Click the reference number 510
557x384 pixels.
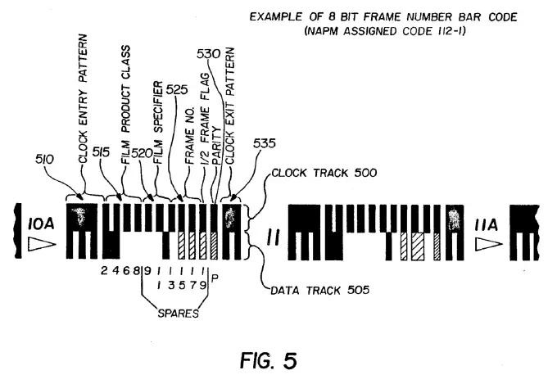pyautogui.click(x=45, y=159)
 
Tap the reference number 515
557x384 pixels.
pyautogui.click(x=102, y=152)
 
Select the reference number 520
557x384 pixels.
pyautogui.click(x=142, y=153)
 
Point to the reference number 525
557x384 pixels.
pyautogui.click(x=177, y=89)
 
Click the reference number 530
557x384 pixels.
pyautogui.click(x=209, y=54)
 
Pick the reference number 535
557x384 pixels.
pyautogui.click(x=265, y=143)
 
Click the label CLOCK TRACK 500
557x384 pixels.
pyautogui.click(x=324, y=173)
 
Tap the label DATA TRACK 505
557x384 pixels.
pyautogui.click(x=320, y=290)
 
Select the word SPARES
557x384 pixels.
pyautogui.click(x=178, y=314)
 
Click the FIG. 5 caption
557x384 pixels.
pyautogui.click(x=268, y=360)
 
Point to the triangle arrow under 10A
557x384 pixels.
pyautogui.click(x=42, y=245)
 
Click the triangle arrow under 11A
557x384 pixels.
pyautogui.click(x=489, y=244)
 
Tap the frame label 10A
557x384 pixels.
pyautogui.click(x=41, y=224)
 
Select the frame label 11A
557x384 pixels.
pyautogui.click(x=487, y=225)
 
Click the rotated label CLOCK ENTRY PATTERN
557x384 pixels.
pyautogui.click(x=83, y=99)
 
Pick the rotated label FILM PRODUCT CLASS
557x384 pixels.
pyautogui.click(x=125, y=105)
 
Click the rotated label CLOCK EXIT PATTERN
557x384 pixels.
pyautogui.click(x=230, y=106)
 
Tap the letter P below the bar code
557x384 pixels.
pyautogui.click(x=215, y=278)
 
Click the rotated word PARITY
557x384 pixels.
pyautogui.click(x=216, y=147)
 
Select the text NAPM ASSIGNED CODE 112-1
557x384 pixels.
pyautogui.click(x=385, y=31)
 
